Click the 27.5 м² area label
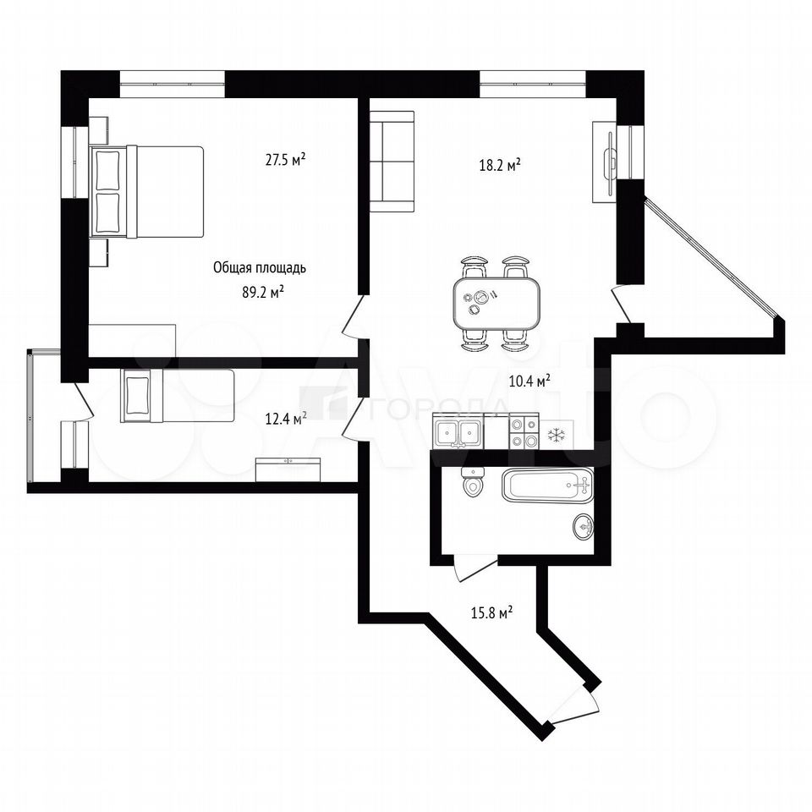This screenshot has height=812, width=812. click(x=285, y=159)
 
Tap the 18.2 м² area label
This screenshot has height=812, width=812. click(x=500, y=165)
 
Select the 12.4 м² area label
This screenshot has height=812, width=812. click(x=285, y=419)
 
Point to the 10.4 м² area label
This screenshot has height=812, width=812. click(x=529, y=381)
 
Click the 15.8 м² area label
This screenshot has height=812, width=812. click(x=492, y=613)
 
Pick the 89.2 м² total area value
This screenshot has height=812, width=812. click(x=263, y=293)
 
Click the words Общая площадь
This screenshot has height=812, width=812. click(x=260, y=268)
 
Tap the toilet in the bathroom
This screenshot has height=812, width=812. click(x=472, y=481)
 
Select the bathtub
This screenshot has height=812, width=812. click(x=547, y=486)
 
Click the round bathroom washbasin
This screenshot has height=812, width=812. click(x=584, y=527)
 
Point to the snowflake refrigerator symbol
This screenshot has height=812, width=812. click(x=557, y=434)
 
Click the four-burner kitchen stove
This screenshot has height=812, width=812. click(x=523, y=431)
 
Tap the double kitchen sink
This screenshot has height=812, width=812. click(x=458, y=432)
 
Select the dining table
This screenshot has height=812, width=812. click(x=497, y=304)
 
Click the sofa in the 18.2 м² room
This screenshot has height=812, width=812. click(x=392, y=161)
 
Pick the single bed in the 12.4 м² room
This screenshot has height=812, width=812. click(x=178, y=395)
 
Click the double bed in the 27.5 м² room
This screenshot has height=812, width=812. click(x=147, y=192)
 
